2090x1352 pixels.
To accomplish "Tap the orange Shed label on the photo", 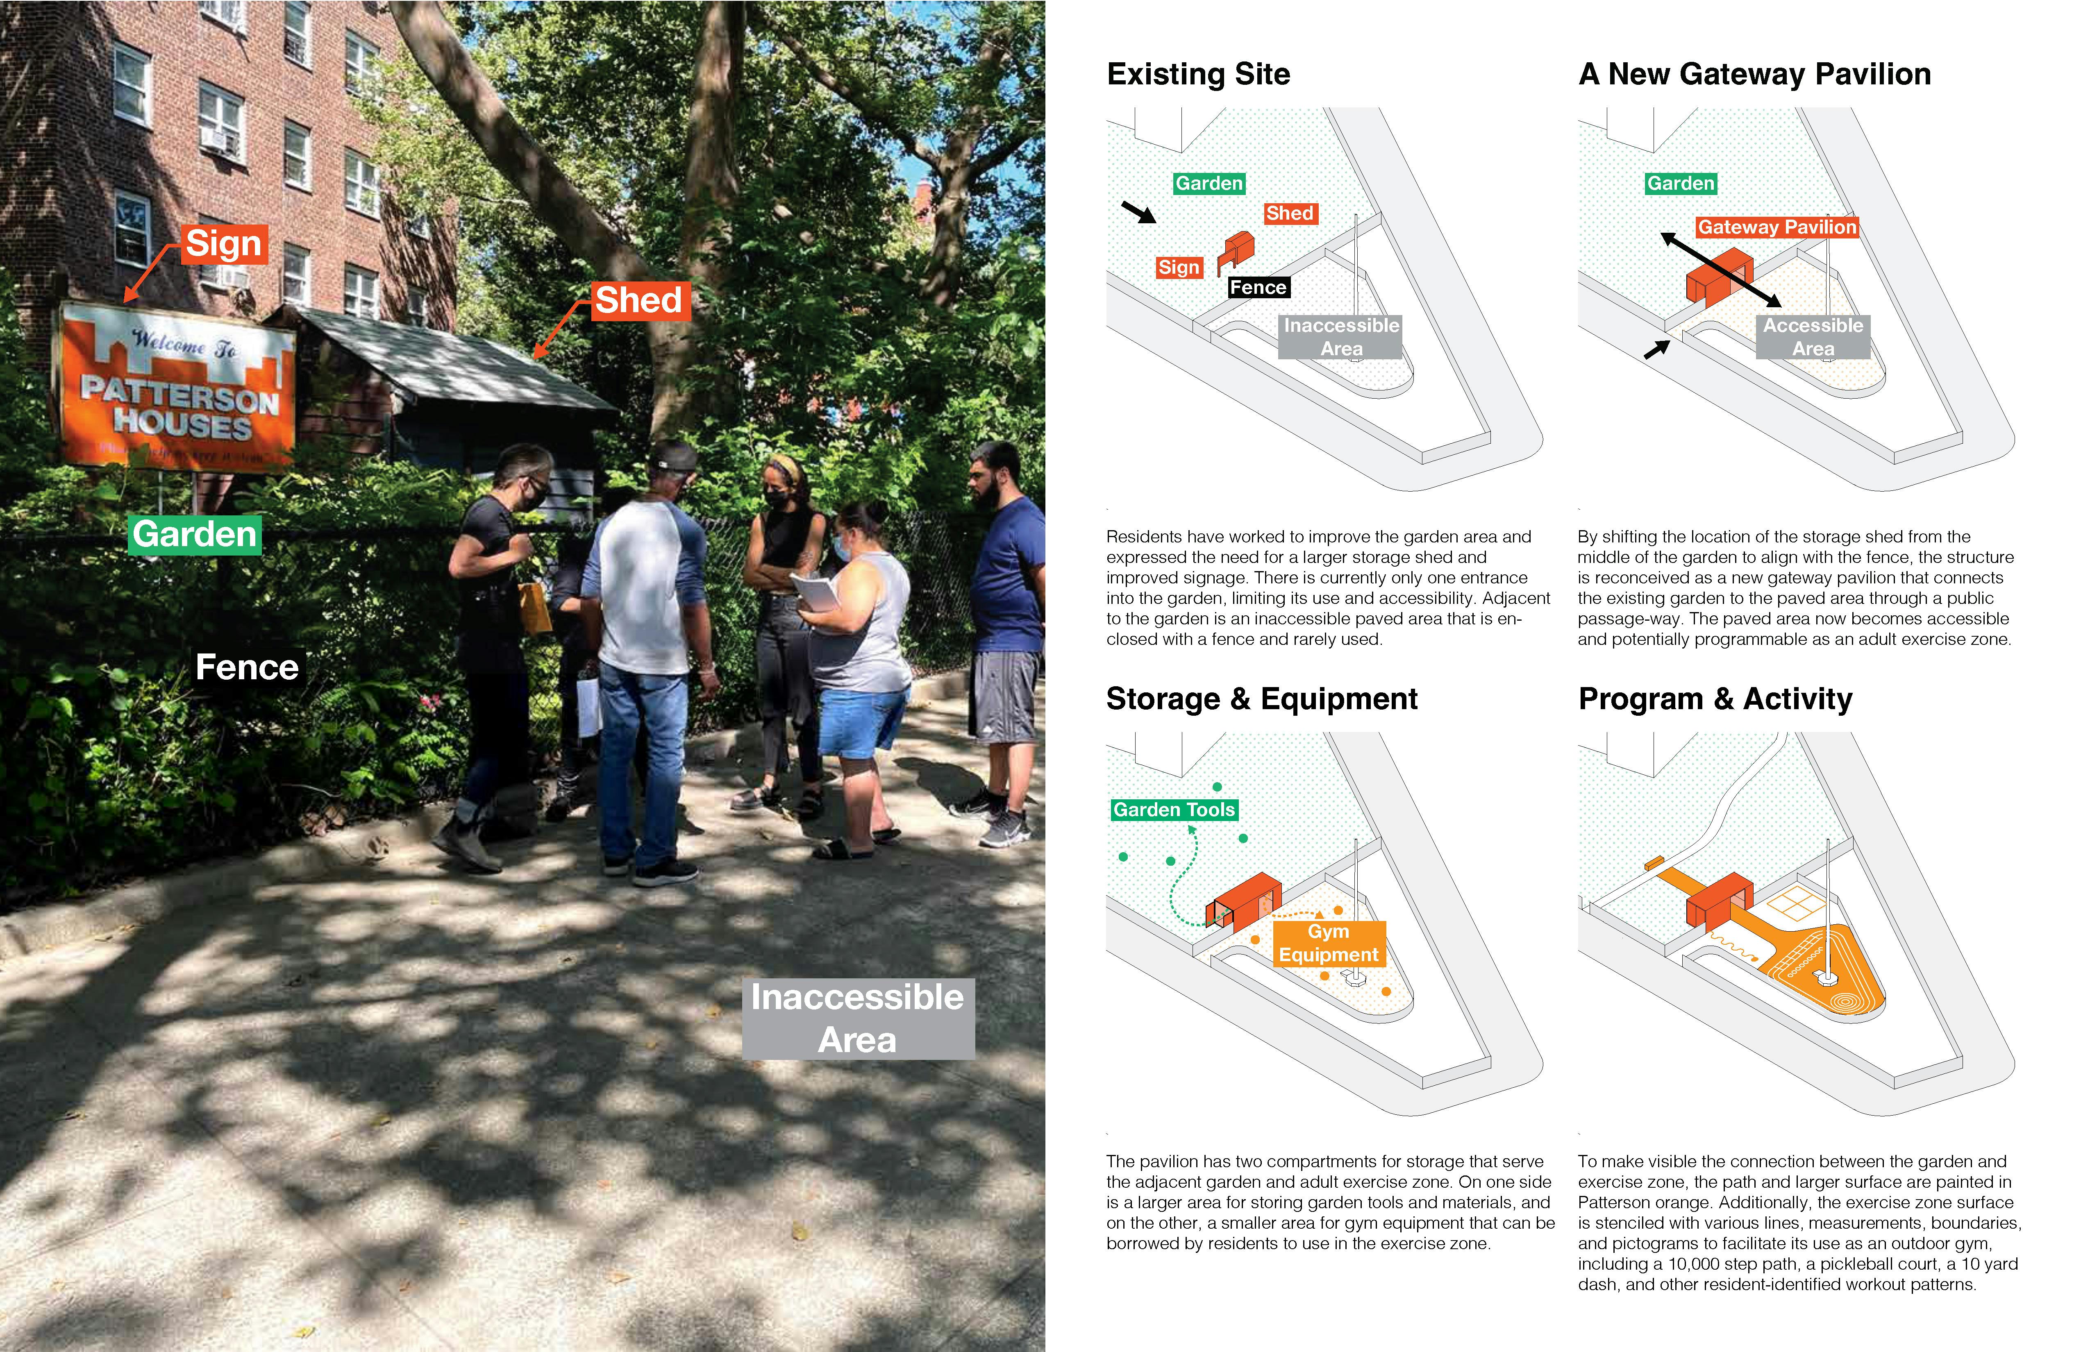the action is (639, 300).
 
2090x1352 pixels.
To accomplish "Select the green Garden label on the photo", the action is (195, 534).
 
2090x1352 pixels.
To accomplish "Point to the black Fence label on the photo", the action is (247, 667).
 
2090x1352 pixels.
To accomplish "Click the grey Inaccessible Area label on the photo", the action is (858, 1019).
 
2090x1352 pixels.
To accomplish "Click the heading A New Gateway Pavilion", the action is (1754, 74).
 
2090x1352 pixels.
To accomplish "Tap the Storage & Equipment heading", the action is (1262, 699).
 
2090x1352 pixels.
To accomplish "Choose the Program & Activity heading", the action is (1715, 699).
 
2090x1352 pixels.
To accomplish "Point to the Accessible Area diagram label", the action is (1813, 337).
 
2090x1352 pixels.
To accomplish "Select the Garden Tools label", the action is (1174, 810).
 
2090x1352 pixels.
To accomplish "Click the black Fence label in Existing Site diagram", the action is (1258, 287).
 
